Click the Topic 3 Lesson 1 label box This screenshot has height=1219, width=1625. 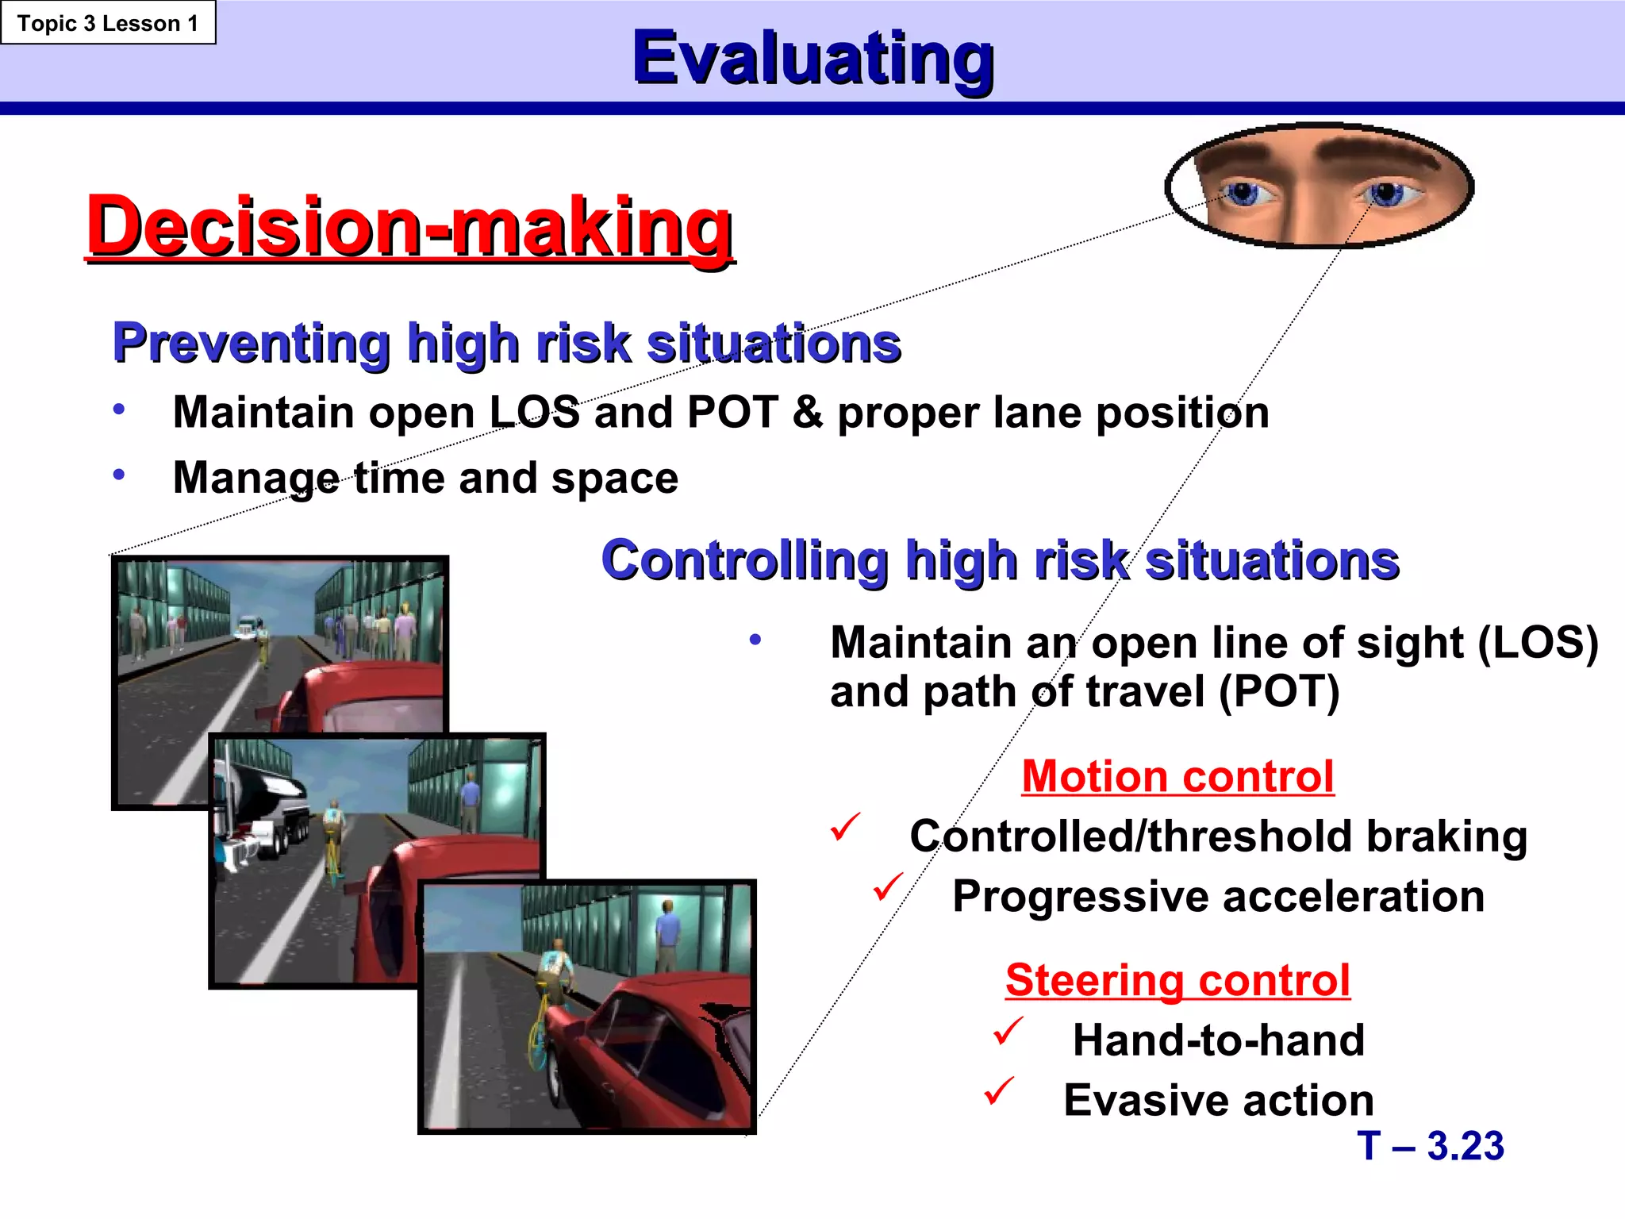coord(108,23)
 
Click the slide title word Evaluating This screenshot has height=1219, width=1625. coord(812,58)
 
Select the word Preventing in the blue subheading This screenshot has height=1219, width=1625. coord(251,344)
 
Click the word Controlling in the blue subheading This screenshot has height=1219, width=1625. coord(744,560)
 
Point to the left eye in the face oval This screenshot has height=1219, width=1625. coord(1243,193)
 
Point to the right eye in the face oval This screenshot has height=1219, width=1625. coord(1387,193)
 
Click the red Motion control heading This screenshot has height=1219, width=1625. coord(1177,775)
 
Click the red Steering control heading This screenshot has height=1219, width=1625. coord(1177,979)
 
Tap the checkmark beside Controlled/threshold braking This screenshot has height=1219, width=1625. coord(846,827)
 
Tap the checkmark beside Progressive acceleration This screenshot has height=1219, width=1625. coord(889,886)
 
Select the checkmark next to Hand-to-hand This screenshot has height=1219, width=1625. coord(1008,1031)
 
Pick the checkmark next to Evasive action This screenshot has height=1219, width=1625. coord(1000,1091)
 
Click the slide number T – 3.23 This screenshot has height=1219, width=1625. coord(1430,1145)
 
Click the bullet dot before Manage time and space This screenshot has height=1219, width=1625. coord(119,475)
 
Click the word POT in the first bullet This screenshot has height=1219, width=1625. coord(732,413)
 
